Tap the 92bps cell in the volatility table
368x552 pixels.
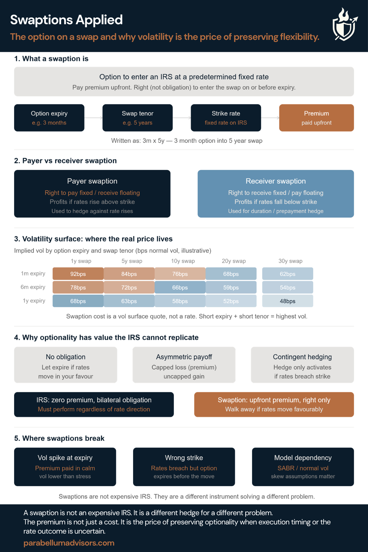[78, 274]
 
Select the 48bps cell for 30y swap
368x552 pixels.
[287, 301]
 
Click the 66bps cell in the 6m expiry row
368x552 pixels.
[180, 288]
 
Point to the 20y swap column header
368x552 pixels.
[234, 261]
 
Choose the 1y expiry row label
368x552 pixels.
[34, 301]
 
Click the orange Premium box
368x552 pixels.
[316, 118]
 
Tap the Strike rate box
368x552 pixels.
[226, 118]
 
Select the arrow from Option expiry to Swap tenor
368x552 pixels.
[94, 118]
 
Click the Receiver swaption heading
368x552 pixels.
[276, 181]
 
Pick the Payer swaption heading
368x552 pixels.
[92, 181]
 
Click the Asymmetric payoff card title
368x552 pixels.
[184, 357]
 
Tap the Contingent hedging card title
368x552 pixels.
[302, 357]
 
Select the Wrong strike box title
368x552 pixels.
[184, 458]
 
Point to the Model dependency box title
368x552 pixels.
[303, 458]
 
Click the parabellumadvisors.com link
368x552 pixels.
[69, 543]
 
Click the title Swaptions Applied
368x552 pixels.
[67, 20]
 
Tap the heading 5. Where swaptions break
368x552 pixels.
[59, 439]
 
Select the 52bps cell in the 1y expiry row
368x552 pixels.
[231, 301]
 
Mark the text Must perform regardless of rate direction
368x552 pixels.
[94, 409]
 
